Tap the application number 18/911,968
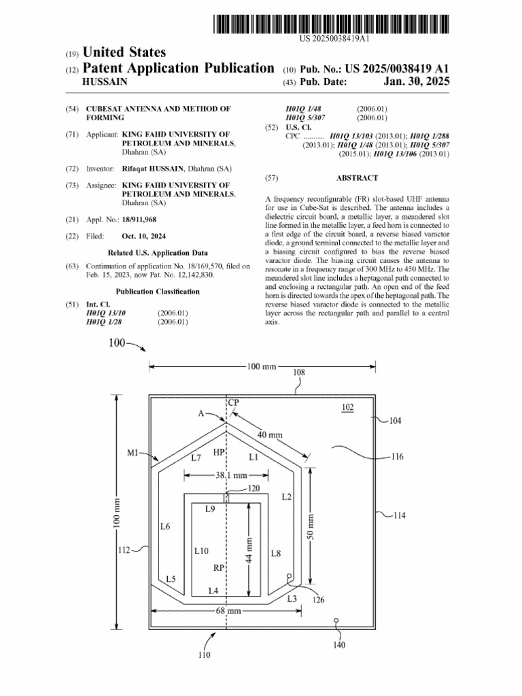click(139, 220)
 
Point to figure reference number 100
click(116, 343)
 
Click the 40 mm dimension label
click(270, 434)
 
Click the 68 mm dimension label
click(229, 611)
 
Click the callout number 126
click(318, 599)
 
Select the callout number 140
click(341, 645)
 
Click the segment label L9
click(210, 508)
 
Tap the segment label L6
click(165, 526)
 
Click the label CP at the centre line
click(233, 402)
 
